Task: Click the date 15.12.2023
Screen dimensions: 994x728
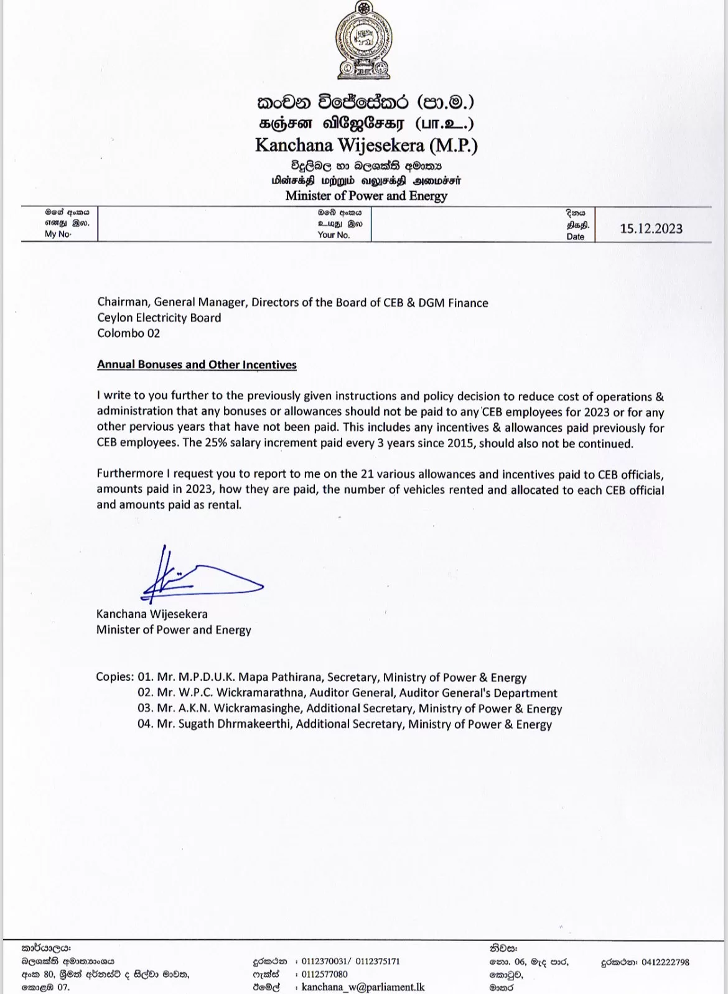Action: click(651, 228)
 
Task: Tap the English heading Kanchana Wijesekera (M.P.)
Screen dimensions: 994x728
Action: click(366, 146)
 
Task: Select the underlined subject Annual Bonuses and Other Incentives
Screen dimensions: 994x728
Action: click(197, 365)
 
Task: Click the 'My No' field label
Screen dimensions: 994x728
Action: click(58, 234)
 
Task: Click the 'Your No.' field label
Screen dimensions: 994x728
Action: click(334, 235)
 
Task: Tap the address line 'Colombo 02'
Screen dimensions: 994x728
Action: click(128, 333)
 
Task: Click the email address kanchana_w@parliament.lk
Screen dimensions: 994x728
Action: click(363, 987)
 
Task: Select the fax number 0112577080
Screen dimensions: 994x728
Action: click(324, 974)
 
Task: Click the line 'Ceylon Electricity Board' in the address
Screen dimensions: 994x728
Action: click(159, 318)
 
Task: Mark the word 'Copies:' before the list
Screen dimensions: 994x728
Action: click(114, 677)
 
